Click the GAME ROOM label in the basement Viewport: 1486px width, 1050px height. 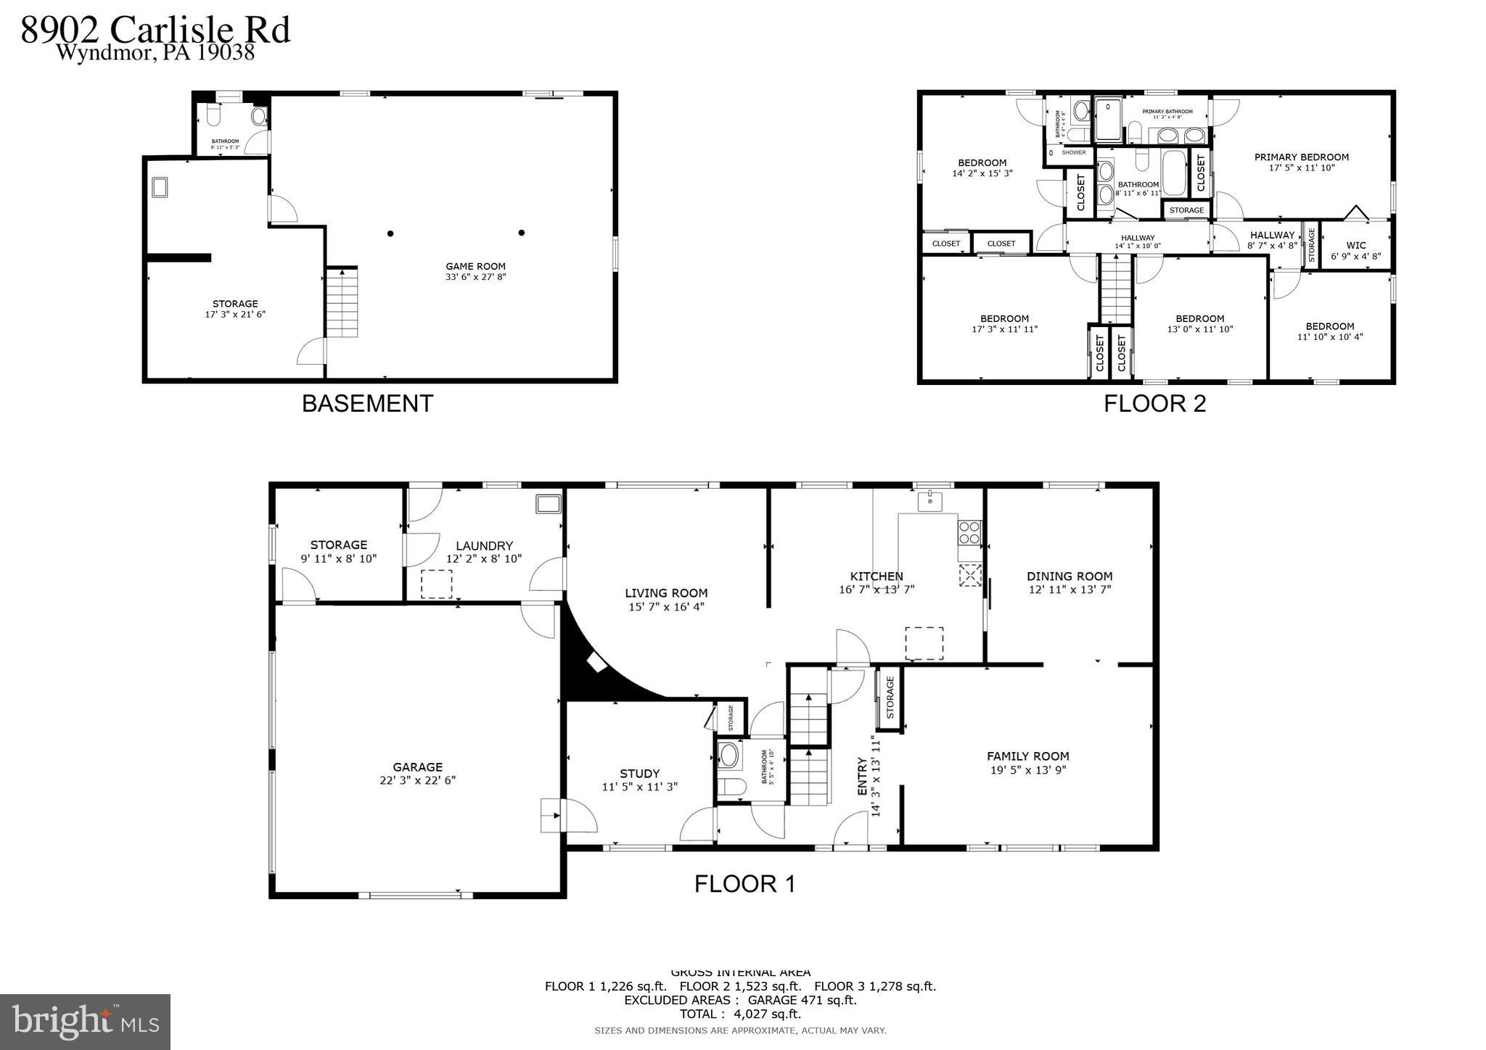tap(475, 267)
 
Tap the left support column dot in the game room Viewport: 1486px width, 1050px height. tap(390, 233)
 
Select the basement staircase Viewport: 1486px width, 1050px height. tap(341, 302)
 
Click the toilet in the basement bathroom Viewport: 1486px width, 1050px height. tap(213, 115)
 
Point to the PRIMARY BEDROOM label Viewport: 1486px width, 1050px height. tap(1302, 157)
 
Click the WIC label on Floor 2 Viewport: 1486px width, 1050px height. tap(1355, 246)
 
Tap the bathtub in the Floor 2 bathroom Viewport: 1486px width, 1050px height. tap(1173, 173)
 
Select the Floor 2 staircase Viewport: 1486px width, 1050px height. tap(1116, 289)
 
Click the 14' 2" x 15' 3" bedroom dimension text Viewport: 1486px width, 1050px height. tap(982, 174)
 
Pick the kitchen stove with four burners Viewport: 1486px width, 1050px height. tap(969, 533)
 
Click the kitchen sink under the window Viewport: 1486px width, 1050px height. tap(929, 501)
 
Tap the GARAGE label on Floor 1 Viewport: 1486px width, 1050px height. tap(417, 767)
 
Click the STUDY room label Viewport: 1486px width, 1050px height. tap(639, 774)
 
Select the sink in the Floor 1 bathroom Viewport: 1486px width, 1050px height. tap(728, 756)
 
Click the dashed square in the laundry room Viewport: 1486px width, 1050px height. tap(436, 584)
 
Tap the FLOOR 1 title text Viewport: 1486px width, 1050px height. tap(744, 884)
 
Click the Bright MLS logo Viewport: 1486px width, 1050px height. tap(85, 1022)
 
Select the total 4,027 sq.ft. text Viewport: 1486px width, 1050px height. tap(740, 1014)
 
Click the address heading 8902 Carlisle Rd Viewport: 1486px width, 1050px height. tap(155, 30)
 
